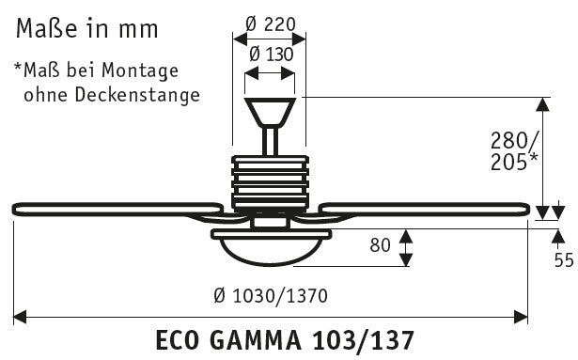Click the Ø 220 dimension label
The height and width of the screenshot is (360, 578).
tap(271, 24)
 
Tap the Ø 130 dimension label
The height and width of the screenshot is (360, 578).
tap(272, 55)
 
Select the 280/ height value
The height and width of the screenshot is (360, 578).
tap(515, 140)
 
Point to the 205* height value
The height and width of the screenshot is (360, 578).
tap(514, 162)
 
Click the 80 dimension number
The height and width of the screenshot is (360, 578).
tap(380, 245)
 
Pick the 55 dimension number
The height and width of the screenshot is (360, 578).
tap(564, 260)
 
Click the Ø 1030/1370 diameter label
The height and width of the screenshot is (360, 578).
tap(271, 296)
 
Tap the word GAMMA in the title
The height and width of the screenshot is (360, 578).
tap(256, 340)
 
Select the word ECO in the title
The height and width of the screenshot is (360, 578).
tap(178, 340)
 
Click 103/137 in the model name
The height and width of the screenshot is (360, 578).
tap(363, 340)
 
